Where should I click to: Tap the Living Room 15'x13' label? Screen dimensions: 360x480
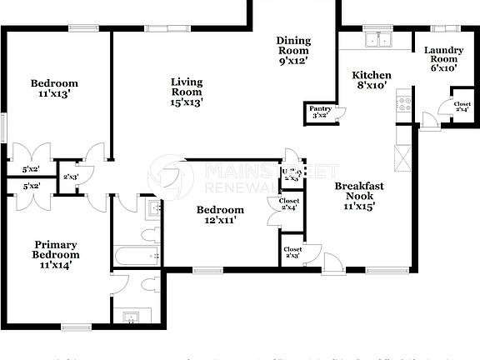(x=187, y=92)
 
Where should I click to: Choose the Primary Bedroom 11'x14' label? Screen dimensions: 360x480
(x=55, y=255)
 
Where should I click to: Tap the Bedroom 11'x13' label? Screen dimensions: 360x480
(x=54, y=88)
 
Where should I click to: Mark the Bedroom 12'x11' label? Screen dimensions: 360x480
(x=220, y=215)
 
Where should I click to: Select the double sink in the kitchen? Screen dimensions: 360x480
(x=385, y=39)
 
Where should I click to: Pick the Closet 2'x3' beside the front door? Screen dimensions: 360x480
(x=292, y=252)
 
